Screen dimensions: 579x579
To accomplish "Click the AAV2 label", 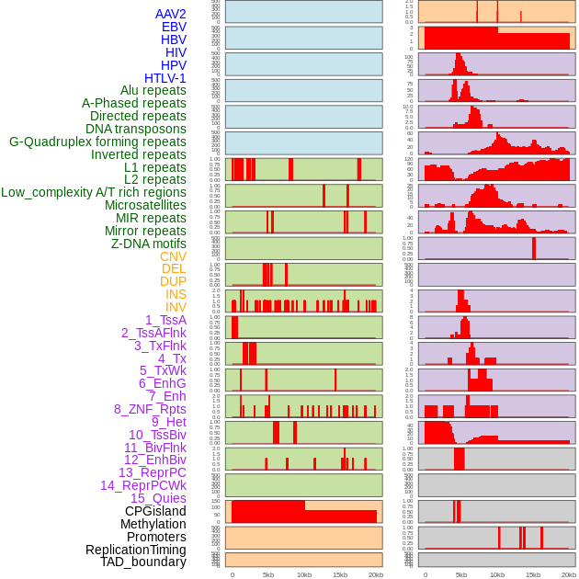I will coord(171,14).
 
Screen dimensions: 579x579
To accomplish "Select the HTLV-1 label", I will coord(165,78).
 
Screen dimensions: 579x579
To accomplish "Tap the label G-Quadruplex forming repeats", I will coord(97,142).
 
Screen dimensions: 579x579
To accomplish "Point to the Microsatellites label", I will coord(145,205).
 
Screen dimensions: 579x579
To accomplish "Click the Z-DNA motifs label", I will coord(149,244).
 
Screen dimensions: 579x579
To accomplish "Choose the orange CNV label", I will coord(173,256).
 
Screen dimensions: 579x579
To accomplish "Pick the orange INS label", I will coord(176,294).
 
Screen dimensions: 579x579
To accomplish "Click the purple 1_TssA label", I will coord(165,320).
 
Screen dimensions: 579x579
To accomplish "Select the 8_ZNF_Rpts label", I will coord(150,409).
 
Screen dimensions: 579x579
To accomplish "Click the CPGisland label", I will coord(155,511).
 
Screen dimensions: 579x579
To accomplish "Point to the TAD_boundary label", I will coord(143,562).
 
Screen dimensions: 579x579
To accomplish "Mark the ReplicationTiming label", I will coord(136,550).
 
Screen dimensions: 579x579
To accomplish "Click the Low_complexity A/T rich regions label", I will coord(94,192).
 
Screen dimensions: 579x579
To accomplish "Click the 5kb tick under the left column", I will coord(268,574).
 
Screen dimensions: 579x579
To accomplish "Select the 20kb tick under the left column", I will coord(375,574).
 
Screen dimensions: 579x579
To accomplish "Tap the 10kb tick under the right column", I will coord(497,574).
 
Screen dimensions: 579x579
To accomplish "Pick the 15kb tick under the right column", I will coord(533,574).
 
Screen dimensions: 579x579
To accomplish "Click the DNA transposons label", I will coord(136,129).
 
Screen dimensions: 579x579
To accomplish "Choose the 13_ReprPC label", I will coord(152,472).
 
